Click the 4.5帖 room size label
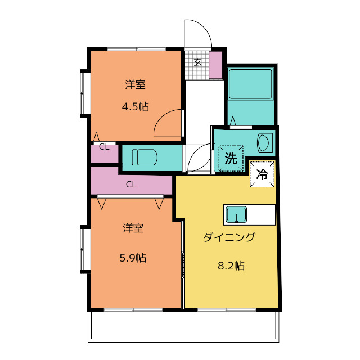[x=136, y=107]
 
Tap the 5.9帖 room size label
[x=133, y=258]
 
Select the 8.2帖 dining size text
[x=231, y=265]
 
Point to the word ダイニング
[x=229, y=237]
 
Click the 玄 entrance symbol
[x=197, y=62]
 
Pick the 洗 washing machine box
[x=231, y=158]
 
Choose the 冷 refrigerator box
[x=262, y=174]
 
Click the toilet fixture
[x=145, y=157]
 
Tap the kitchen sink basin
[x=236, y=214]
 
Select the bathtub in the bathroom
[x=250, y=84]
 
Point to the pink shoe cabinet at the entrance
[x=215, y=65]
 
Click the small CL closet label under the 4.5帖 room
[x=104, y=147]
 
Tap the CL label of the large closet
[x=131, y=184]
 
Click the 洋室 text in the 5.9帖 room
[x=133, y=228]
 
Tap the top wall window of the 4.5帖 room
[x=137, y=49]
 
